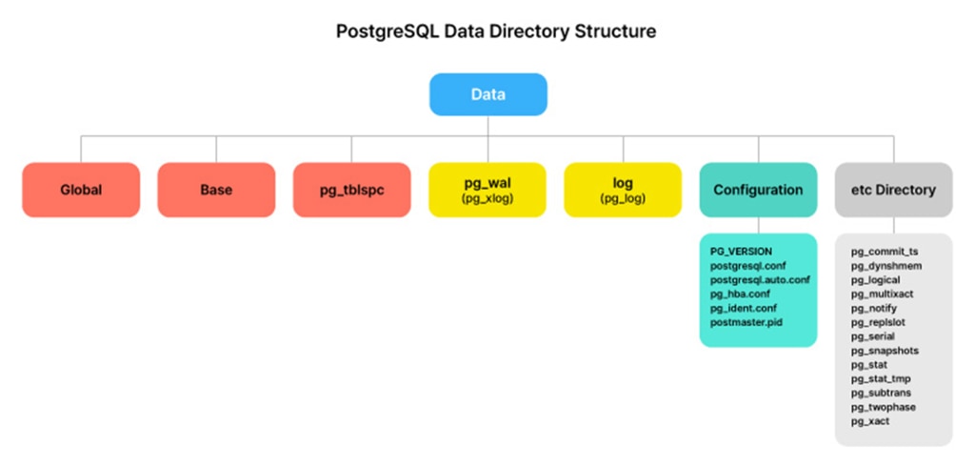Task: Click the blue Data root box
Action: (x=488, y=94)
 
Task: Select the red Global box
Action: (x=81, y=190)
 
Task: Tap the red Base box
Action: (x=216, y=190)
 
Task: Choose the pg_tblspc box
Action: (x=352, y=190)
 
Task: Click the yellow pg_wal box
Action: (x=487, y=190)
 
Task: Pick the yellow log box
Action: (x=623, y=190)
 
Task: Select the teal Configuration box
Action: (x=758, y=190)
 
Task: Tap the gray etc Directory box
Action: (x=893, y=190)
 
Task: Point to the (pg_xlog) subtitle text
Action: (x=487, y=199)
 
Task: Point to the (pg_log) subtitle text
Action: (x=623, y=199)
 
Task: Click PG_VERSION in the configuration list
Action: (x=741, y=252)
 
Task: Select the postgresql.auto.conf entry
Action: (x=760, y=279)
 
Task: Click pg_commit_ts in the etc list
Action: (x=885, y=252)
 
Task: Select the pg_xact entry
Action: (x=870, y=421)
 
